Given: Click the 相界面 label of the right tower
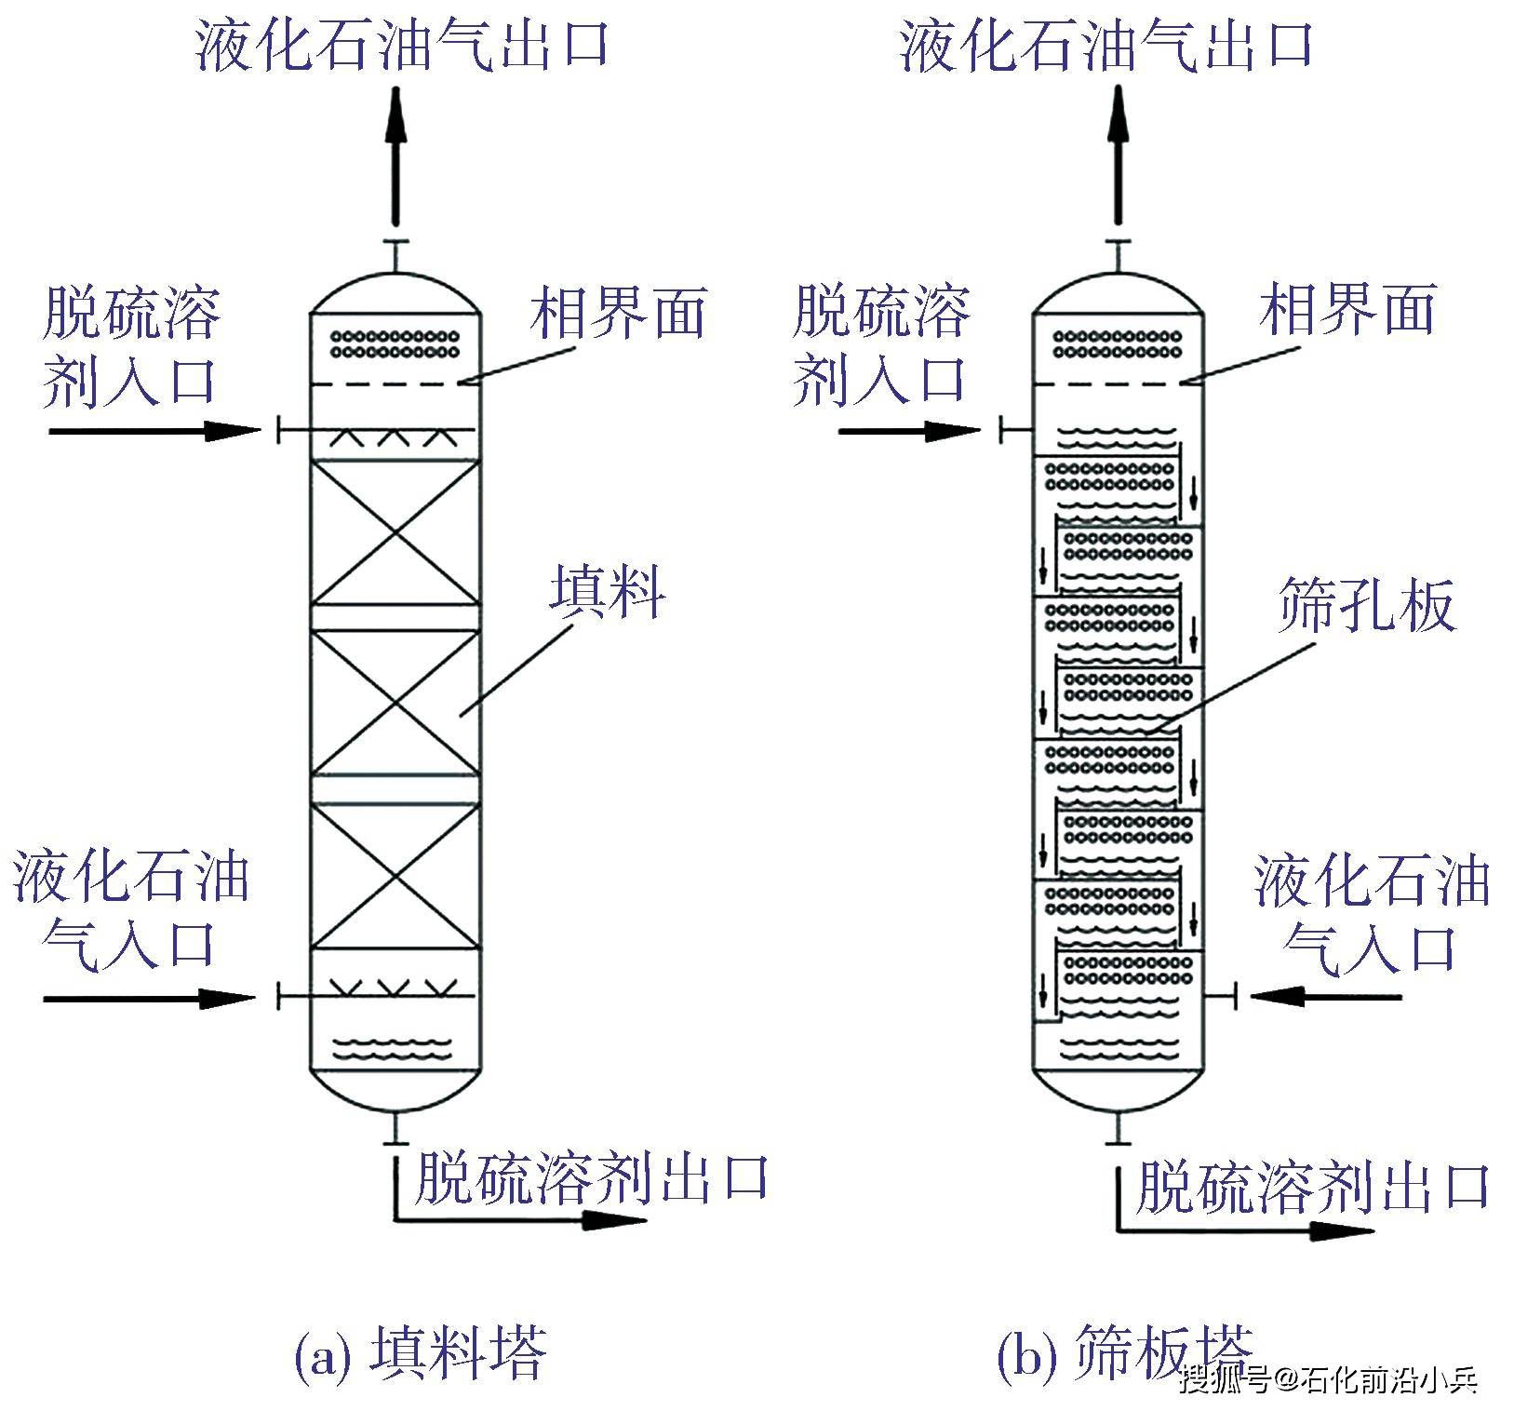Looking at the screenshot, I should [x=1347, y=310].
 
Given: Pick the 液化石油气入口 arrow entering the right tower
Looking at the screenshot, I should [x=1326, y=997].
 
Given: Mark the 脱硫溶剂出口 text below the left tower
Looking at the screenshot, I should [x=592, y=1177].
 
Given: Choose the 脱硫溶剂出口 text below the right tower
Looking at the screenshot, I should [x=1313, y=1187].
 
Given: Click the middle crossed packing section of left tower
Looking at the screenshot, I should [x=396, y=703].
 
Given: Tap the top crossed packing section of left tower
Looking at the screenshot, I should [x=396, y=532].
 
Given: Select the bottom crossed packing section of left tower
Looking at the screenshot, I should [x=396, y=876].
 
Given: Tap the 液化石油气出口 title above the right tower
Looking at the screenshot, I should [x=1105, y=45].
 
